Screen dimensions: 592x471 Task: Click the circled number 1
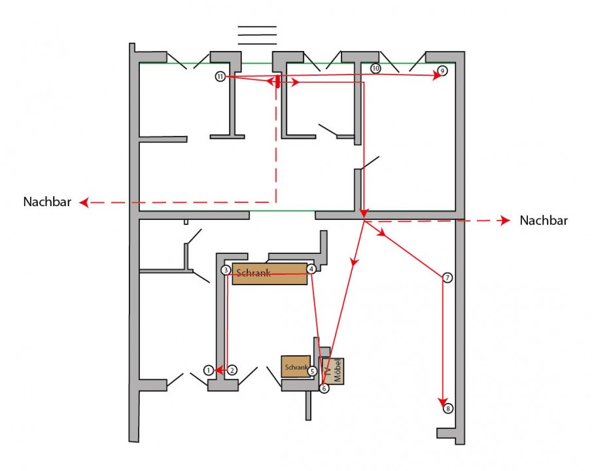tap(209, 370)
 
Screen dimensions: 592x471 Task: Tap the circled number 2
tap(233, 370)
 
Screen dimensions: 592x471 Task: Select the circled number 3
tap(226, 270)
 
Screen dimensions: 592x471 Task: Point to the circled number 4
tap(311, 269)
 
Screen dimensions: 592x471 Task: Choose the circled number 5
tap(312, 372)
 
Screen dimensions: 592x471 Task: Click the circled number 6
tap(324, 388)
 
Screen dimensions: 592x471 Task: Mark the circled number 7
tap(447, 278)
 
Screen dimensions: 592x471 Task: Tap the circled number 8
tap(448, 408)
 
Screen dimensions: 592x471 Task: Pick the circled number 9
tap(442, 71)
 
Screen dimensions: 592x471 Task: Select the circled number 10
tap(375, 69)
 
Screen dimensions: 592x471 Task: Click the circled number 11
tap(220, 77)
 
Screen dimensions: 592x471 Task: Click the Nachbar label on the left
tap(47, 201)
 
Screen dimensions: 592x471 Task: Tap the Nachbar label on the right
tap(544, 220)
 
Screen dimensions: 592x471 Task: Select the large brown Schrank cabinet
tap(270, 274)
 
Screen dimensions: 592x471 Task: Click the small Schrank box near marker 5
tap(296, 366)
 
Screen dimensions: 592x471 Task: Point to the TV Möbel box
tap(333, 371)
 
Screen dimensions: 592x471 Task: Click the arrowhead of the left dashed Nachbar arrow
tap(84, 202)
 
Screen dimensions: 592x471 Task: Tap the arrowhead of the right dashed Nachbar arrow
tap(506, 220)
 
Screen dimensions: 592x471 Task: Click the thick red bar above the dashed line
tap(278, 81)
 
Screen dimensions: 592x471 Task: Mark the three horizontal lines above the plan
tap(257, 35)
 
